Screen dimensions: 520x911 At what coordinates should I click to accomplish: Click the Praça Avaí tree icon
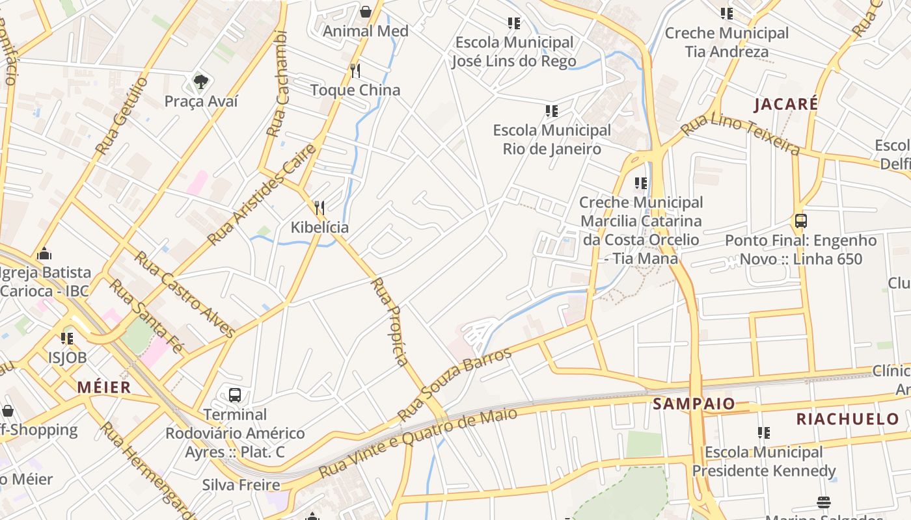(x=201, y=82)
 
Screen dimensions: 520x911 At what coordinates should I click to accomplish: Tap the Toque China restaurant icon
(x=355, y=70)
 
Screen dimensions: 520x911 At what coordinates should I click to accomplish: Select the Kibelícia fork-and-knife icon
(x=320, y=208)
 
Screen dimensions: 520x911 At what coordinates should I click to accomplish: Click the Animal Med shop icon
(x=366, y=12)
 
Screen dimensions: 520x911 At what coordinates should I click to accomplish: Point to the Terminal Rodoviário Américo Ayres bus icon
(x=235, y=395)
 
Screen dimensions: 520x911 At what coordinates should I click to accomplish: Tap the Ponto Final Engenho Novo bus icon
(x=801, y=221)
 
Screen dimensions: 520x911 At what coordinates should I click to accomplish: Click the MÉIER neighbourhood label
(x=104, y=387)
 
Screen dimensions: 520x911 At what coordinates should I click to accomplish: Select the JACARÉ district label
(x=786, y=104)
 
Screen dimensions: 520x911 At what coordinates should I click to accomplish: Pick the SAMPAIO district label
(x=694, y=404)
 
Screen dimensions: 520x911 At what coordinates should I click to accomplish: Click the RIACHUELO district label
(x=848, y=419)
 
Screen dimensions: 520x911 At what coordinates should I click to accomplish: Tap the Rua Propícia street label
(x=390, y=321)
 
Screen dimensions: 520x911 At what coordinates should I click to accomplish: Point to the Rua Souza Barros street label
(x=454, y=383)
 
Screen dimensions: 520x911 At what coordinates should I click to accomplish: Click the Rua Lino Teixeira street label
(x=741, y=135)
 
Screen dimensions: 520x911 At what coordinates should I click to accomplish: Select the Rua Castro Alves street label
(x=185, y=294)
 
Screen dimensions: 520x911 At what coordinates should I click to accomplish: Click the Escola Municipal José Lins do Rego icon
(x=514, y=23)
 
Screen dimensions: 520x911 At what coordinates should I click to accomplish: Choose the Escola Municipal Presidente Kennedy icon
(x=763, y=432)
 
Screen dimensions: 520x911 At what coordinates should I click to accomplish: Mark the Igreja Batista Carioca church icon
(x=44, y=253)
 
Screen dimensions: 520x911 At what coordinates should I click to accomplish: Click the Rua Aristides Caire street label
(x=262, y=194)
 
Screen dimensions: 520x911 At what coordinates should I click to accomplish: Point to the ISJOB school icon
(x=67, y=338)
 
